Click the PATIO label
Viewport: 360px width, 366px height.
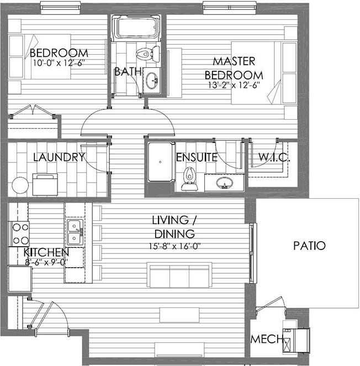pyautogui.click(x=309, y=246)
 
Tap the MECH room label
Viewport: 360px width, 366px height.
pyautogui.click(x=267, y=339)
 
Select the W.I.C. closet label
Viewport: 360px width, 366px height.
pyautogui.click(x=274, y=157)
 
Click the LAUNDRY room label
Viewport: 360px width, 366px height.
pyautogui.click(x=59, y=157)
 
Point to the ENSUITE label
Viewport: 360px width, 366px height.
pyautogui.click(x=197, y=157)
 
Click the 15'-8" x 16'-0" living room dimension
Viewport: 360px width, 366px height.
pyautogui.click(x=175, y=246)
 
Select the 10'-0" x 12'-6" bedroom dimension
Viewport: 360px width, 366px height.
pyautogui.click(x=59, y=63)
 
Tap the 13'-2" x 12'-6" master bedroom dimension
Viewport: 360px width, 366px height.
pyautogui.click(x=234, y=85)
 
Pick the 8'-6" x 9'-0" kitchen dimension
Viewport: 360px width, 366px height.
pyautogui.click(x=46, y=262)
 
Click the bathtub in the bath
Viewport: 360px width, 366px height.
pyautogui.click(x=136, y=28)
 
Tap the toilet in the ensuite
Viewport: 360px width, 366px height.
pyautogui.click(x=189, y=178)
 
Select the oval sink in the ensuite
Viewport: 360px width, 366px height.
pyautogui.click(x=224, y=183)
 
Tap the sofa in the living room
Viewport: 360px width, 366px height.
pyautogui.click(x=179, y=275)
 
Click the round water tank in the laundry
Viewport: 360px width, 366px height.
pyautogui.click(x=20, y=185)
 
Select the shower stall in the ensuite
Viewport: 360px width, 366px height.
pyautogui.click(x=161, y=162)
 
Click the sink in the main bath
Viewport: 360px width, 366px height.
pyautogui.click(x=152, y=80)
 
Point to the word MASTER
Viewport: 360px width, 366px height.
pyautogui.click(x=234, y=61)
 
